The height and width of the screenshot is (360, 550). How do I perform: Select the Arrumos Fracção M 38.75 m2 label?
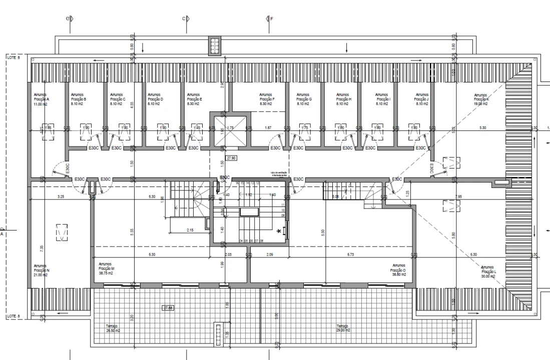(x=106, y=268)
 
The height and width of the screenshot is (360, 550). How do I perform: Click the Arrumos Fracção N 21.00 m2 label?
(x=41, y=270)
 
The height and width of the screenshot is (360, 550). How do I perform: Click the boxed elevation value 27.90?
(x=232, y=157)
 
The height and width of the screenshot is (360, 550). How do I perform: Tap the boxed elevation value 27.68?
(x=168, y=308)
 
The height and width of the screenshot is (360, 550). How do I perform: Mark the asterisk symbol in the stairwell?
(x=279, y=231)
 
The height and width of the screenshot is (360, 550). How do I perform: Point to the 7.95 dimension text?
(x=458, y=196)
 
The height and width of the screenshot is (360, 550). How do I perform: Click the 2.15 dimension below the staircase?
(x=190, y=230)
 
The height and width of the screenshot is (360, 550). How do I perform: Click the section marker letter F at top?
(x=272, y=19)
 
